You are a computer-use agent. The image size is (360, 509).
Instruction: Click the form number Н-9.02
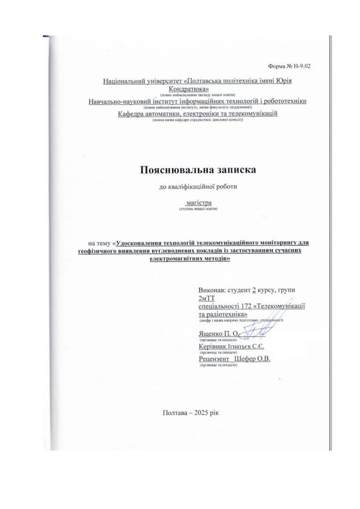tap(300, 66)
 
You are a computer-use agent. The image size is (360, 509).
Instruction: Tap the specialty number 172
tap(246, 306)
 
